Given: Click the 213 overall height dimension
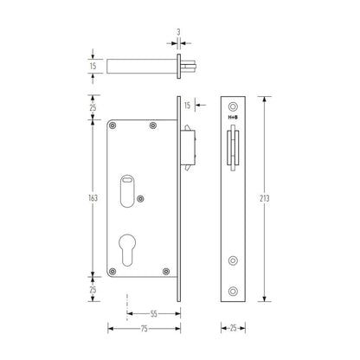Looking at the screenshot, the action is click(264, 198).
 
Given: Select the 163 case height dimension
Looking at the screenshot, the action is click(93, 198).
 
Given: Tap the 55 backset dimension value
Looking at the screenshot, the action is click(154, 313).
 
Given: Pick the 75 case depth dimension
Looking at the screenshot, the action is click(145, 329).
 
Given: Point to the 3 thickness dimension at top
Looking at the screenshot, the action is click(178, 32).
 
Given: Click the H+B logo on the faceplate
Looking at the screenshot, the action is click(233, 118).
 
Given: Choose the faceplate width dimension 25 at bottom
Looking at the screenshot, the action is click(233, 328).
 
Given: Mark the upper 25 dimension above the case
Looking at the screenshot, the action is click(93, 107).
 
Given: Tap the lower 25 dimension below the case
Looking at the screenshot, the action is click(93, 289).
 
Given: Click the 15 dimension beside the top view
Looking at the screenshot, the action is click(93, 66).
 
